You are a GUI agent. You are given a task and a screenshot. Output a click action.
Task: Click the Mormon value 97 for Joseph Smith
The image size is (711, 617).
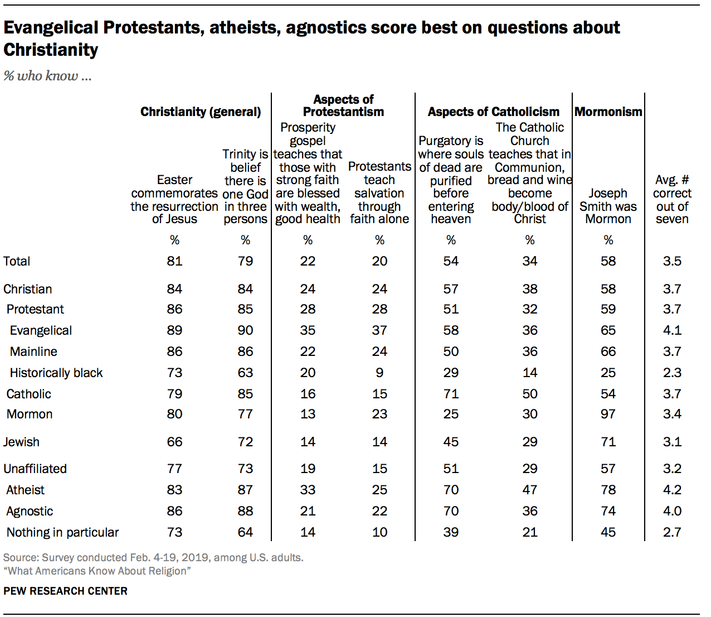608,414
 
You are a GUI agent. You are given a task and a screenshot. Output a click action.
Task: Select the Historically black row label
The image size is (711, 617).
56,373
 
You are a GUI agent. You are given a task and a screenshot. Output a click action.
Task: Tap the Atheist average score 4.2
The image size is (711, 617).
672,490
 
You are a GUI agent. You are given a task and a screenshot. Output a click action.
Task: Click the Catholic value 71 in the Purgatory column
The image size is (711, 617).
451,394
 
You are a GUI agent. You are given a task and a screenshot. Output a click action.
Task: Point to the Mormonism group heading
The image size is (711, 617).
608,112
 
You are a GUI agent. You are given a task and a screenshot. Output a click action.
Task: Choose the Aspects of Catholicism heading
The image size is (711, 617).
493,112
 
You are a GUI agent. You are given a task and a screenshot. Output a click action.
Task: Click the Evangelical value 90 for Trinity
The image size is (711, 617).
245,330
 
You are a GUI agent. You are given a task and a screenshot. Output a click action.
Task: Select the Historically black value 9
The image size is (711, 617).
379,373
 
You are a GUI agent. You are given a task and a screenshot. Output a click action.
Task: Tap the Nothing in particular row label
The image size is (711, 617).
62,532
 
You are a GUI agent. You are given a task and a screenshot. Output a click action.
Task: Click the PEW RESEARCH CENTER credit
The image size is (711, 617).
65,591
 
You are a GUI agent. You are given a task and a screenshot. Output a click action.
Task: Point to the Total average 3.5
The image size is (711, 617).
672,261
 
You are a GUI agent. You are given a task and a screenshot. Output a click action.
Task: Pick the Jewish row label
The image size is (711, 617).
21,442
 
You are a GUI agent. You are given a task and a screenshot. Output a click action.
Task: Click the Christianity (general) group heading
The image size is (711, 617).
201,112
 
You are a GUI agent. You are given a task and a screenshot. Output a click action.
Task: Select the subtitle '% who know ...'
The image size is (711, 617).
47,76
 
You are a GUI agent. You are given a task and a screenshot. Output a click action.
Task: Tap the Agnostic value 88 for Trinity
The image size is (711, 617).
245,511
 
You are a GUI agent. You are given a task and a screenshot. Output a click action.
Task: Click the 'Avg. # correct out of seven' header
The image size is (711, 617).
672,199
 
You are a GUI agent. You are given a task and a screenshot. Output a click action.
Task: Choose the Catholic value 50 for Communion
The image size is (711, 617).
529,394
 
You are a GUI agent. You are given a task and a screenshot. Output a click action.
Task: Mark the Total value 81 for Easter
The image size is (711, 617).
174,261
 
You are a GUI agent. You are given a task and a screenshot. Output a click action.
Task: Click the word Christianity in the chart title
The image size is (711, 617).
51,50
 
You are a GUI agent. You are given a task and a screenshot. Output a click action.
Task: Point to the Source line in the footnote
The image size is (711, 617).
153,557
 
